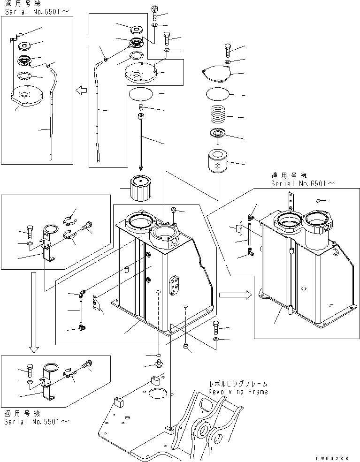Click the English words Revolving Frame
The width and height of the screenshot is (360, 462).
pos(238,392)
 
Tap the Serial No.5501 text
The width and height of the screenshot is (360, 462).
pos(36,421)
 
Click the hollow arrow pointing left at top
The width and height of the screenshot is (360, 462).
pos(81,90)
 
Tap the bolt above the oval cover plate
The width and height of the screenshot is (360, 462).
pos(228,49)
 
